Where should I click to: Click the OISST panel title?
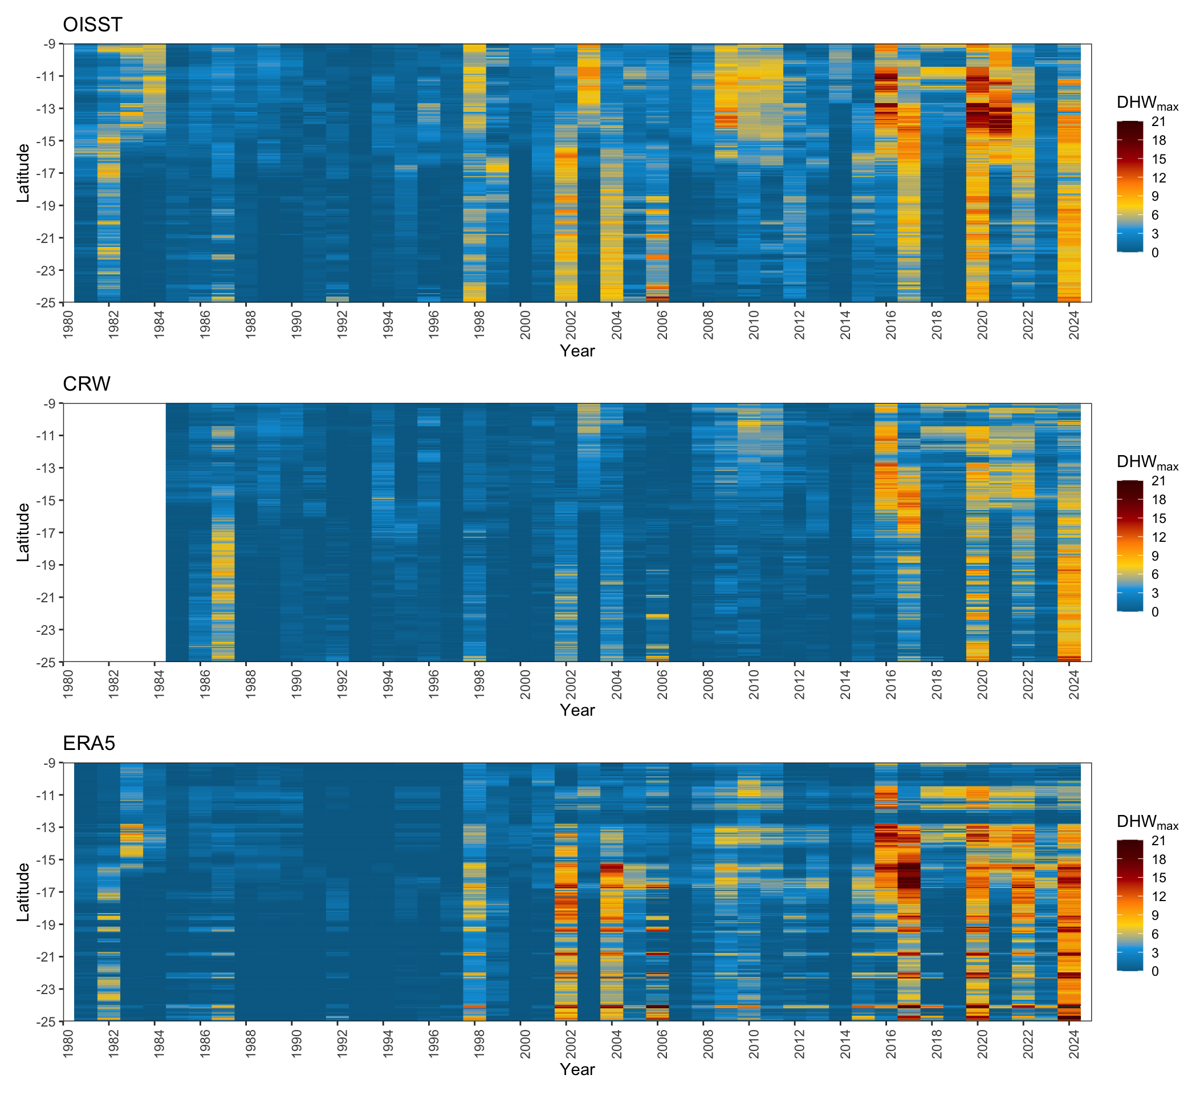click(x=92, y=25)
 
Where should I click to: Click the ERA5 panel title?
click(x=89, y=743)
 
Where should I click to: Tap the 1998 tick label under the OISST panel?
click(x=479, y=325)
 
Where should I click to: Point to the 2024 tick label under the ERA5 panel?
click(x=1075, y=1043)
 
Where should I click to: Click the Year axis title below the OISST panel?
click(x=577, y=351)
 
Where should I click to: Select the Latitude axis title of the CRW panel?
click(x=23, y=532)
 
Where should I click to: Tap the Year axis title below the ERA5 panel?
click(x=577, y=1069)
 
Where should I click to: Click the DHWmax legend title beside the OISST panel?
click(x=1146, y=103)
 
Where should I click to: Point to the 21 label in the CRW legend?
click(x=1158, y=481)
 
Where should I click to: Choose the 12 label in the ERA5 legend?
click(x=1158, y=897)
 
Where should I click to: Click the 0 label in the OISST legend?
click(x=1155, y=253)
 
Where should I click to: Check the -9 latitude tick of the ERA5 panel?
click(x=50, y=763)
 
